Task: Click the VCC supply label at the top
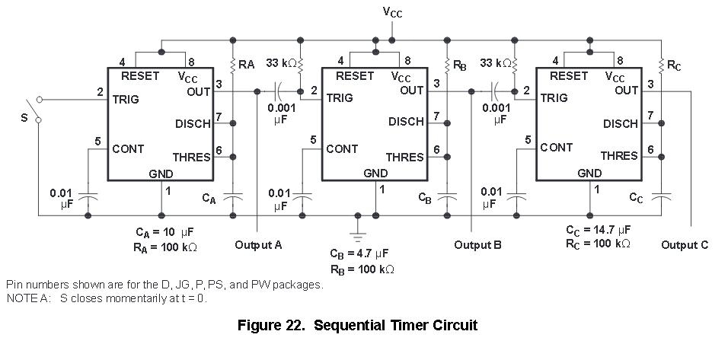point(392,13)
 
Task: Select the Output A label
point(258,245)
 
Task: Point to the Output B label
point(477,245)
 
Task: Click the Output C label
point(685,245)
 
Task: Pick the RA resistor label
point(246,65)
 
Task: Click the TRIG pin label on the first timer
point(126,99)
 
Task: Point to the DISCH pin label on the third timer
point(621,123)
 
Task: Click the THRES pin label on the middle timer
point(404,157)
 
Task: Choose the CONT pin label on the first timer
point(128,148)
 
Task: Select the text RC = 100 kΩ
point(598,244)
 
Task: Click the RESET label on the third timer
point(568,75)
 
